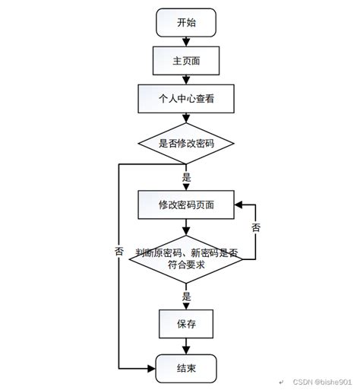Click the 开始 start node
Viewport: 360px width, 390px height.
click(186, 24)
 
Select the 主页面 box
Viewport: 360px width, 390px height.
click(186, 60)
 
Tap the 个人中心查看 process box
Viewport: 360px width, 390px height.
click(186, 97)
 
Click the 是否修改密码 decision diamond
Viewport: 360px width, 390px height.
click(186, 142)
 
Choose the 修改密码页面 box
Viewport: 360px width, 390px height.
click(186, 205)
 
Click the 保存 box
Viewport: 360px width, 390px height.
click(186, 324)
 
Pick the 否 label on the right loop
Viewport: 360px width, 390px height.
click(256, 227)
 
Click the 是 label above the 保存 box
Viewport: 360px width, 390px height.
click(187, 296)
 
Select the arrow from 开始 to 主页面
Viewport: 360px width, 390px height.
click(186, 41)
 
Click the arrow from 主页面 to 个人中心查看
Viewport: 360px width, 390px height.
click(186, 78)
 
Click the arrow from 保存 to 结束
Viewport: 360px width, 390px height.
click(186, 346)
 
